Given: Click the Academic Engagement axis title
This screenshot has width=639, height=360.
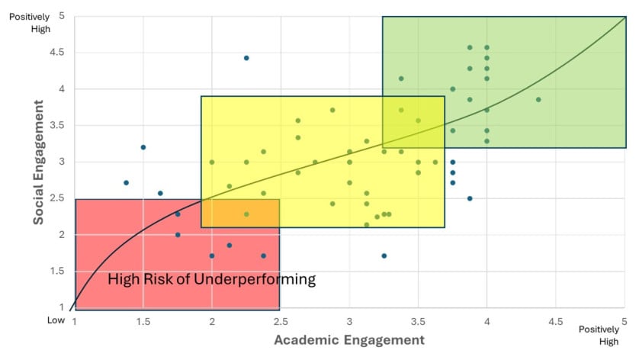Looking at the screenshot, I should click(x=348, y=339).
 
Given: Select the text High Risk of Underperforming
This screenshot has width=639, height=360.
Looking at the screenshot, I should click(x=211, y=279).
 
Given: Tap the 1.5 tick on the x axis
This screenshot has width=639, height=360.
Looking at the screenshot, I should click(x=143, y=321).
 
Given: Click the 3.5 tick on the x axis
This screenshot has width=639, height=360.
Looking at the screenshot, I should click(x=418, y=321).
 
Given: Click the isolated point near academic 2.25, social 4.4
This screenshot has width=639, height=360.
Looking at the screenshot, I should click(x=246, y=58).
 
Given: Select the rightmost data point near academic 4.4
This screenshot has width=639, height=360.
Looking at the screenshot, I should click(x=538, y=100).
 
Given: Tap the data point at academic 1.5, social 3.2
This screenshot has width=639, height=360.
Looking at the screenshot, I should click(x=143, y=147).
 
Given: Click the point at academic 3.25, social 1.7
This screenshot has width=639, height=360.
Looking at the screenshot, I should click(x=384, y=256).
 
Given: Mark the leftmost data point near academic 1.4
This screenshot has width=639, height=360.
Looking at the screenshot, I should click(x=127, y=182).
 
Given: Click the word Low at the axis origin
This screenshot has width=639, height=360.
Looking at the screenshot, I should click(x=56, y=320).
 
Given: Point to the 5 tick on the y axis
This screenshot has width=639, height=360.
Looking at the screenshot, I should click(x=60, y=16).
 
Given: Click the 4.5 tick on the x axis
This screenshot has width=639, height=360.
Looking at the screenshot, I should click(x=556, y=321).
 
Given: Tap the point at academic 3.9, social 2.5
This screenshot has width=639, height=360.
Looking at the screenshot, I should click(x=470, y=198).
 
